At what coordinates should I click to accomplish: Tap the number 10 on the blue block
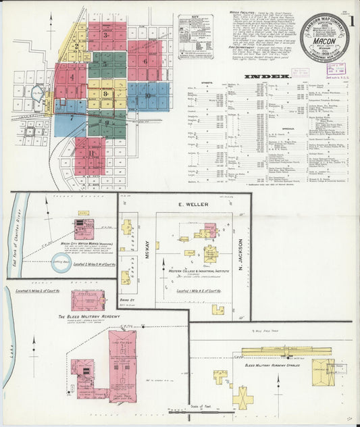pos(147,96)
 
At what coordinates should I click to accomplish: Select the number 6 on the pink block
pos(145,60)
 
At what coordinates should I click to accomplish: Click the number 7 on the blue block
pos(70,118)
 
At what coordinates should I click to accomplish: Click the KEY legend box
pos(195,27)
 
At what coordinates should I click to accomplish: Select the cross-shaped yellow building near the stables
pos(242,396)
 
